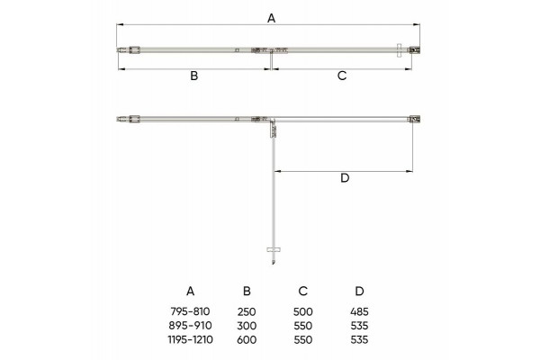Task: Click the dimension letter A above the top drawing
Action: [x=272, y=18]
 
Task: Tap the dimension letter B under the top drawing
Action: [x=194, y=76]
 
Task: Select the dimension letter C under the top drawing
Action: [x=342, y=76]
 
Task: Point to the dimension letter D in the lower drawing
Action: [x=345, y=178]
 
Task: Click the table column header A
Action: [x=191, y=291]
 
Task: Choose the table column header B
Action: [x=247, y=291]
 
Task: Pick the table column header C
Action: [x=302, y=291]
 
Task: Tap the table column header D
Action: [x=359, y=291]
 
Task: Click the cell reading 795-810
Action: [x=190, y=311]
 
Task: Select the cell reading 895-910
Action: [x=190, y=326]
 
